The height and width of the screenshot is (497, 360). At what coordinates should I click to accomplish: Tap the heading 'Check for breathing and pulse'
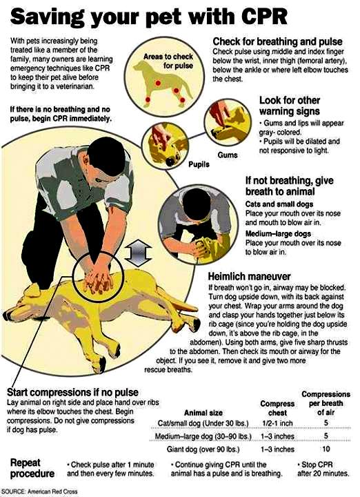pos(277,41)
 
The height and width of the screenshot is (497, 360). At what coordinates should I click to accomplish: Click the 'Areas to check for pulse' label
pos(168,61)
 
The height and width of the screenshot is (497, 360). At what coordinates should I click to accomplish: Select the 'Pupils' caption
pos(199,164)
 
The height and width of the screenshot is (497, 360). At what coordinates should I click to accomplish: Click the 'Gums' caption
pos(228,155)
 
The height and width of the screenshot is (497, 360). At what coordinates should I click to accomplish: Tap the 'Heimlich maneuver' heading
pos(249,276)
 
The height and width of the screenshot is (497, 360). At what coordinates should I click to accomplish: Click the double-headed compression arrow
pos(138,253)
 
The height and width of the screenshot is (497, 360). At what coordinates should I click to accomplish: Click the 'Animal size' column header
pos(203,413)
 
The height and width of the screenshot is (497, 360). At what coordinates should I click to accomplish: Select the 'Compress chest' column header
pos(277,408)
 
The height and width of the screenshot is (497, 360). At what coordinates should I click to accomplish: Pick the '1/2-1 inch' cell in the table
pos(277,423)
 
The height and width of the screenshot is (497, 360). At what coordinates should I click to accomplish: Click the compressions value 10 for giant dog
pos(326,449)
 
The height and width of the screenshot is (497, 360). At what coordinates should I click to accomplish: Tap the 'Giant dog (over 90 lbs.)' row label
pos(203,449)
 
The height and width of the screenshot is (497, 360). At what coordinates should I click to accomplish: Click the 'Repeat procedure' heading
pos(32,468)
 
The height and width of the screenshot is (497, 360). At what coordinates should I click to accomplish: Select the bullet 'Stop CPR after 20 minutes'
pos(323,469)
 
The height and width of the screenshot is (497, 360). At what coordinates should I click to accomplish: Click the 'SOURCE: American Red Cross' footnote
pos(39,491)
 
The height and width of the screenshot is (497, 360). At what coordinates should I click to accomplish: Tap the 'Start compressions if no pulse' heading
pos(72,392)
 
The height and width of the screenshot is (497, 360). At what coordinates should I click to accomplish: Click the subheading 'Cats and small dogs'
pos(279,204)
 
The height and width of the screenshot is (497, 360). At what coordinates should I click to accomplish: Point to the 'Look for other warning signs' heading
pos(290,106)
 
